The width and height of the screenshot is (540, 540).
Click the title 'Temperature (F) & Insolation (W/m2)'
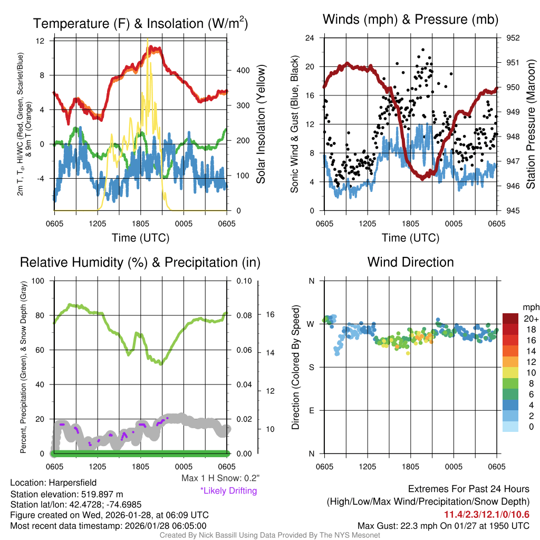click(140, 23)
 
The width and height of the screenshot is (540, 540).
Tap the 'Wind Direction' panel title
click(410, 262)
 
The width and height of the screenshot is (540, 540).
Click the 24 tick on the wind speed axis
click(310, 38)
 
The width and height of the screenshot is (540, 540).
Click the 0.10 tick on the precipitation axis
click(244, 281)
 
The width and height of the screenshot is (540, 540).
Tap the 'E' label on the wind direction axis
click(311, 410)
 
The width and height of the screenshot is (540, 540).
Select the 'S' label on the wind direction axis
click(311, 367)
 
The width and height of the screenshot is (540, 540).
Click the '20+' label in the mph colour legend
click(528, 319)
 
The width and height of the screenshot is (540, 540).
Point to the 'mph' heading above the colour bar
click(529, 307)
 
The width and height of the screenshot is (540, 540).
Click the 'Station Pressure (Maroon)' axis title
click(531, 124)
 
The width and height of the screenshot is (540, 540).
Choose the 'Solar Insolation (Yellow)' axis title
click(261, 124)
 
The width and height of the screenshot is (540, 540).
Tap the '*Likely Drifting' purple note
click(228, 491)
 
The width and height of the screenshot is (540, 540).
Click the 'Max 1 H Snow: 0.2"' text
click(220, 478)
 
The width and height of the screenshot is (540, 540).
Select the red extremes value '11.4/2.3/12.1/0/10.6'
click(486, 515)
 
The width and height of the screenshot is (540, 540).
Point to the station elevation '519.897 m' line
click(66, 494)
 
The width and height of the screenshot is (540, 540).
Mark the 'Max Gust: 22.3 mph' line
click(443, 525)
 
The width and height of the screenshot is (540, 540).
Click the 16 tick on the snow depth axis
click(270, 314)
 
